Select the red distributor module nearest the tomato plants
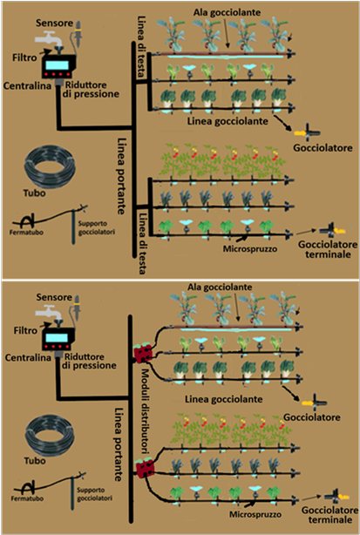(x=145, y=469)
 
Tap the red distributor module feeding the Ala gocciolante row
(x=142, y=354)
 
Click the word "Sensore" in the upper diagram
(x=55, y=24)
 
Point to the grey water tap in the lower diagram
(x=49, y=312)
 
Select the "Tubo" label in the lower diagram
(x=35, y=461)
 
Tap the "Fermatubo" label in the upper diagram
(x=27, y=233)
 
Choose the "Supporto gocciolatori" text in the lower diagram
(x=94, y=494)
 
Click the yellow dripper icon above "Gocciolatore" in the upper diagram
(x=307, y=132)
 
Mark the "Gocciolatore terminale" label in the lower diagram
(x=329, y=515)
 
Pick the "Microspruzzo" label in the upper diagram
(x=250, y=248)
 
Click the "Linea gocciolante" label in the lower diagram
(x=223, y=400)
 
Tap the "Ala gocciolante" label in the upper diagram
(x=227, y=12)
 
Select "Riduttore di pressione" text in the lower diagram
(x=91, y=361)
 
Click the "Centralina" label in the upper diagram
(x=27, y=85)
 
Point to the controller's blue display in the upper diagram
(x=57, y=64)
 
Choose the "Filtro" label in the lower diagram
(x=25, y=330)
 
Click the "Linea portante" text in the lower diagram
(x=118, y=444)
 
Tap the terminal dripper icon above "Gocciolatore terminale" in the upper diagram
(x=333, y=231)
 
